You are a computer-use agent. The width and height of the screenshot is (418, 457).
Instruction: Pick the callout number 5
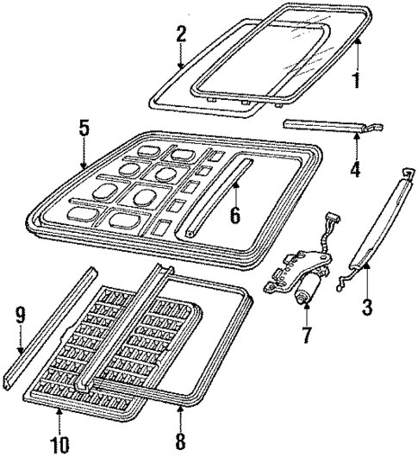click(83, 128)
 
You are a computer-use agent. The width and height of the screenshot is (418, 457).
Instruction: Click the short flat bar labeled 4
click(328, 127)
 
